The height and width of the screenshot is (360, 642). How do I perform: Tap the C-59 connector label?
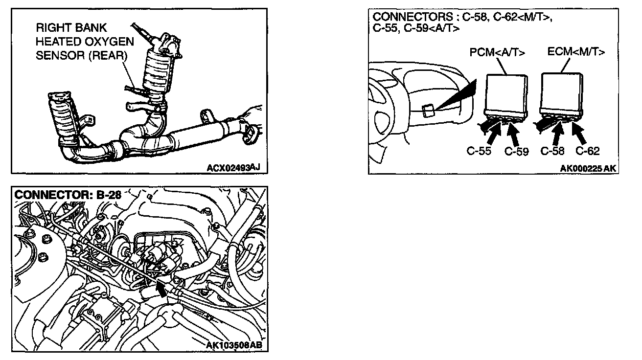[x=517, y=152]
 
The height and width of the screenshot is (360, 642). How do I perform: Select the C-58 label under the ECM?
[x=552, y=151]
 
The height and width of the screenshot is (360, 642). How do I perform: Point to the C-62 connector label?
[x=587, y=151]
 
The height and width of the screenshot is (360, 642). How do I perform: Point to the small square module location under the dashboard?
[x=427, y=111]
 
